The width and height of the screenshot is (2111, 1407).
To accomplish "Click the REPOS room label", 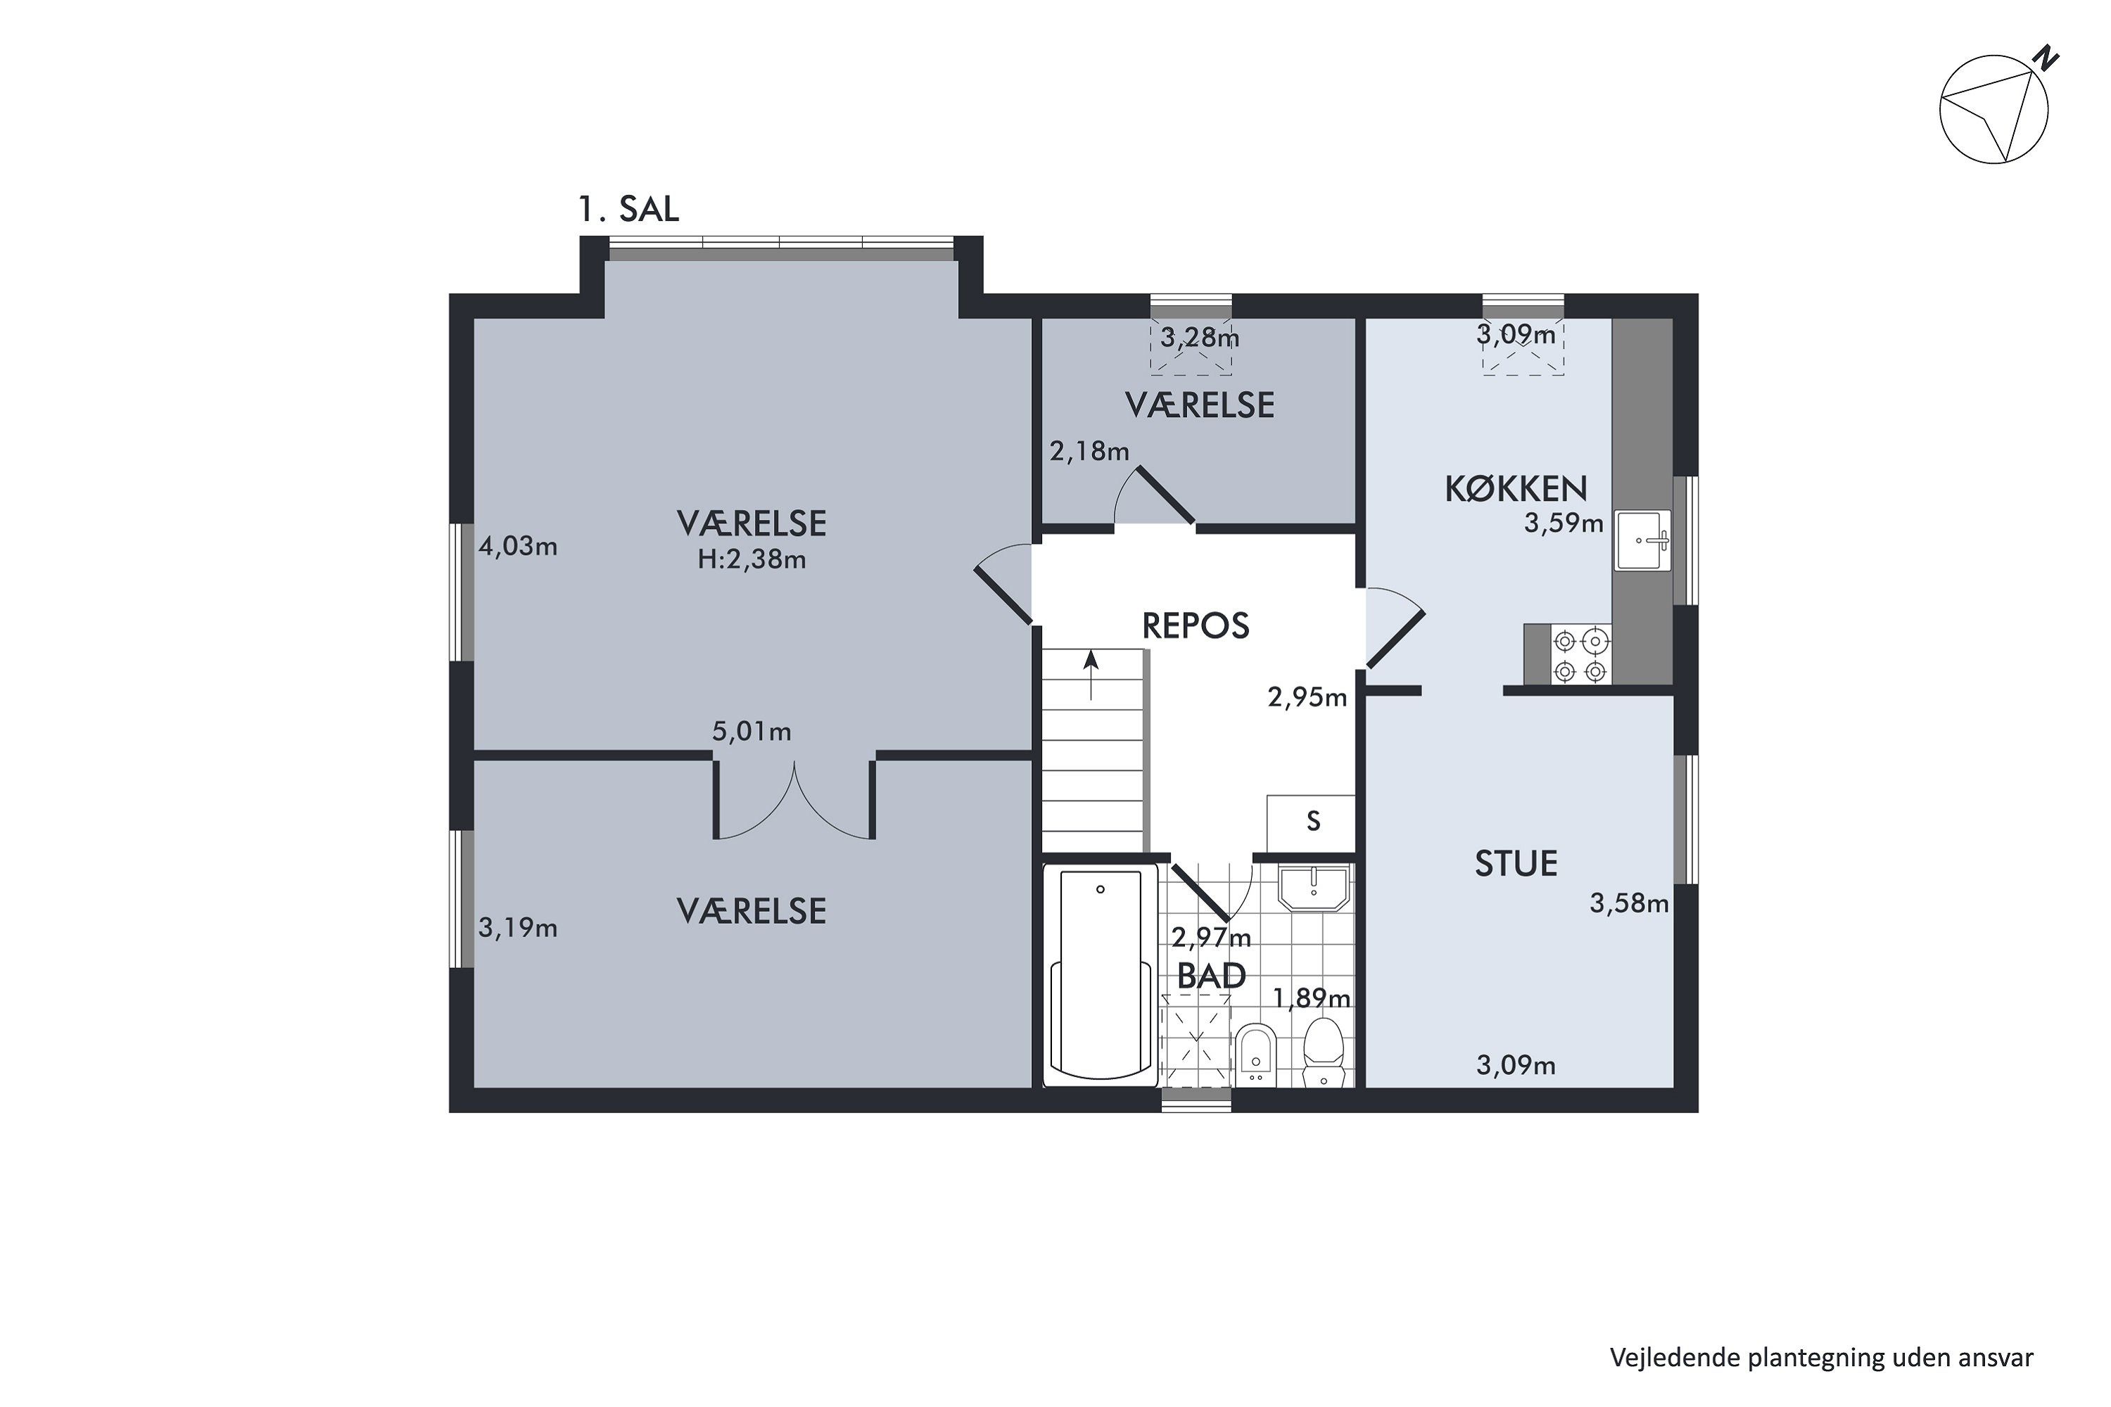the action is pyautogui.click(x=1196, y=625).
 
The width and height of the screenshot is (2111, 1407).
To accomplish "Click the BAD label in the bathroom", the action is pyautogui.click(x=1212, y=976).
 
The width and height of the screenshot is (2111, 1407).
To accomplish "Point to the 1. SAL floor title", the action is pyautogui.click(x=628, y=209).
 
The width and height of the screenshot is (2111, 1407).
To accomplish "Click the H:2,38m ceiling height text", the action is pyautogui.click(x=752, y=560).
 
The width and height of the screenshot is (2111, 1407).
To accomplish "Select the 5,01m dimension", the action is pyautogui.click(x=752, y=732).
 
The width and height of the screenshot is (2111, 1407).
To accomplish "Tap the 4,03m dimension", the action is pyautogui.click(x=518, y=546).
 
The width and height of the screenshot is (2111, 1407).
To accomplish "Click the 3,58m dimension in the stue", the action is pyautogui.click(x=1629, y=903).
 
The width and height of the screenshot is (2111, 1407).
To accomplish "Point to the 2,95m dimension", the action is pyautogui.click(x=1307, y=697).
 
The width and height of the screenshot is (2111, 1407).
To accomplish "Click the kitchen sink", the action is pyautogui.click(x=1643, y=540).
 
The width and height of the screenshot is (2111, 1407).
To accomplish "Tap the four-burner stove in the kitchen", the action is pyautogui.click(x=1580, y=656).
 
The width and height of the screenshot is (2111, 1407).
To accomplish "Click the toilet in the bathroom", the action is pyautogui.click(x=1323, y=1052).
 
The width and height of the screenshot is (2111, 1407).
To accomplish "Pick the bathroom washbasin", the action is pyautogui.click(x=1313, y=889).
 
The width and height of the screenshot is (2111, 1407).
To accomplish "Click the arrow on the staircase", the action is pyautogui.click(x=1091, y=675).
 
